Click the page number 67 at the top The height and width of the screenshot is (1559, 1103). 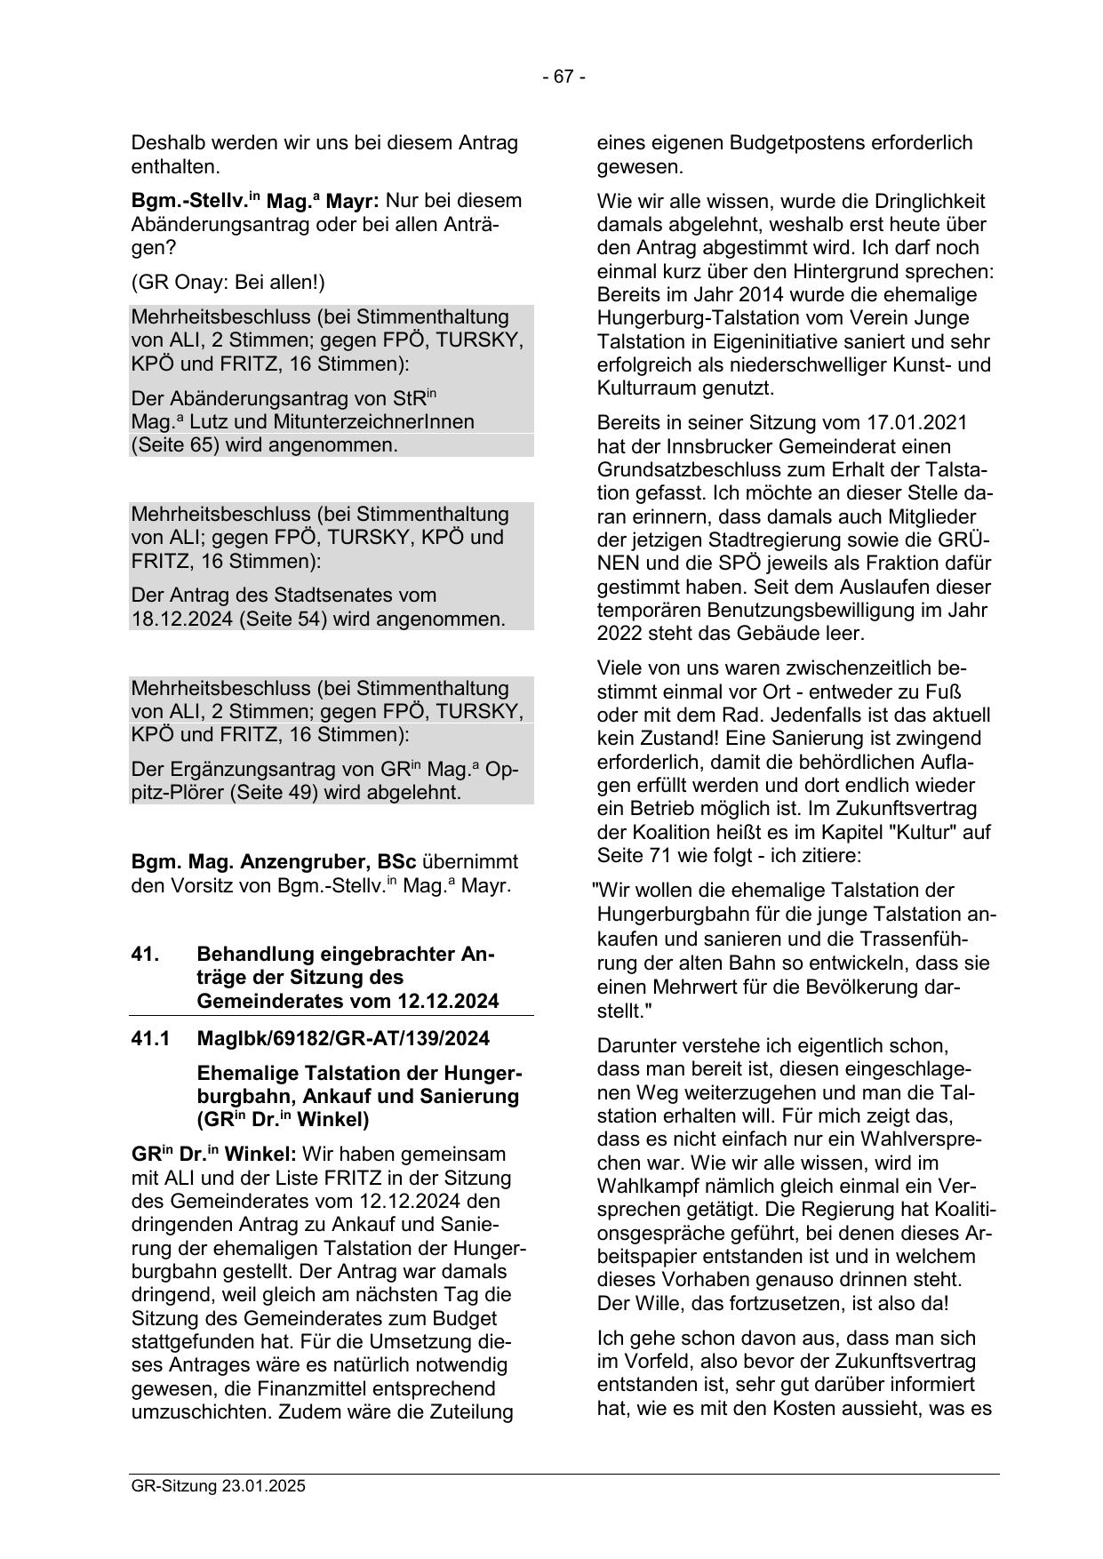pos(563,77)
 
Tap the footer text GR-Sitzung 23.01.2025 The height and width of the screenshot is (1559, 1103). pos(218,1485)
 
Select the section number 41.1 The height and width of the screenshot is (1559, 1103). pos(150,1038)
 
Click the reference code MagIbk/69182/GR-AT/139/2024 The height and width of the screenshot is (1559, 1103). pos(343,1038)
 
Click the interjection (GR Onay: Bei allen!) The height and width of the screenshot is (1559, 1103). pos(228,283)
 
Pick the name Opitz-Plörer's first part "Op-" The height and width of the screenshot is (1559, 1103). pos(503,769)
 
